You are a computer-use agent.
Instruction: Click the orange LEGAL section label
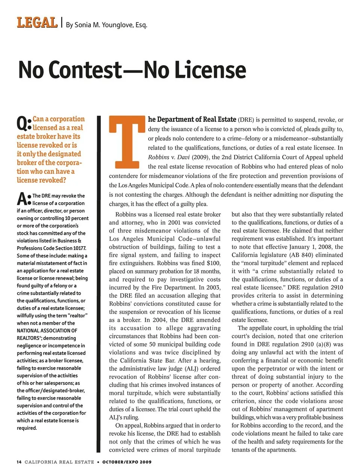point(37,22)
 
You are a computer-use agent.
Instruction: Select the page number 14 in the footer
point(19,462)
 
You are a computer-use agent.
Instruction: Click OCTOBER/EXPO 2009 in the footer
point(127,462)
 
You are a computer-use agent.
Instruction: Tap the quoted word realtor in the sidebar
point(77,315)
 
